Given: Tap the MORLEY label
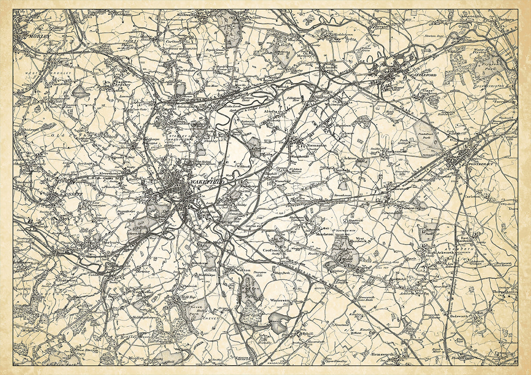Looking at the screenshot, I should point(39,36).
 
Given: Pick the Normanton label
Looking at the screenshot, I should point(317,146).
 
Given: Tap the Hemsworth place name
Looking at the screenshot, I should point(382,354).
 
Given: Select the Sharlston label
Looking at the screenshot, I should point(324,234).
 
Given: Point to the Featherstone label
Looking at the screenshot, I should point(396,151).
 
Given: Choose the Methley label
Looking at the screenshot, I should point(304,56).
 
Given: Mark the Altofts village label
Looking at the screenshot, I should point(272,112).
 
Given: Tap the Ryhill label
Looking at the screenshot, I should point(307,333).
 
